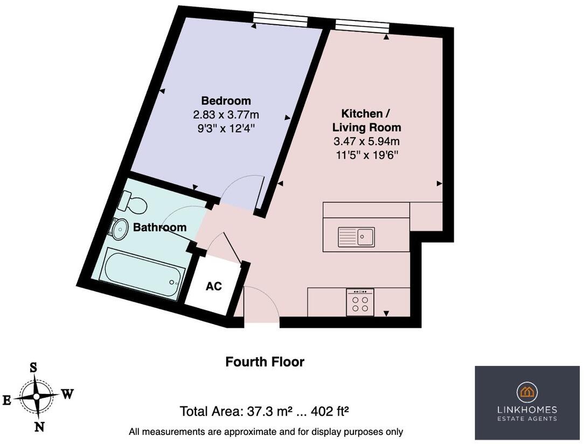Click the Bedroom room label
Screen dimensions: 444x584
226,101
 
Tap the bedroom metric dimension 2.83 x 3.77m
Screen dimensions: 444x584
226,115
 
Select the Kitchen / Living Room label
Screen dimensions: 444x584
366,121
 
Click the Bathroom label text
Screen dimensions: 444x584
159,227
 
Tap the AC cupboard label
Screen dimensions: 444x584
214,286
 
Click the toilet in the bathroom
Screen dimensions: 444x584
133,203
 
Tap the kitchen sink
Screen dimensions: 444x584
356,236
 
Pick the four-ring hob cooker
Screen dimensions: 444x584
360,302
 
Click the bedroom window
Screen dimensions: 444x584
280,20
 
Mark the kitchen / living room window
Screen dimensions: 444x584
362,24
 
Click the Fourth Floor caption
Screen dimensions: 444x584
265,362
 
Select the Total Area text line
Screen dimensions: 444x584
264,412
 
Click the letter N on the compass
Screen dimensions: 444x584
39,427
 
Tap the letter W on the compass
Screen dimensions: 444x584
67,393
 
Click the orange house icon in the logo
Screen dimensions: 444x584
527,391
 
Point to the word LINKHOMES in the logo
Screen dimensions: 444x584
527,410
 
